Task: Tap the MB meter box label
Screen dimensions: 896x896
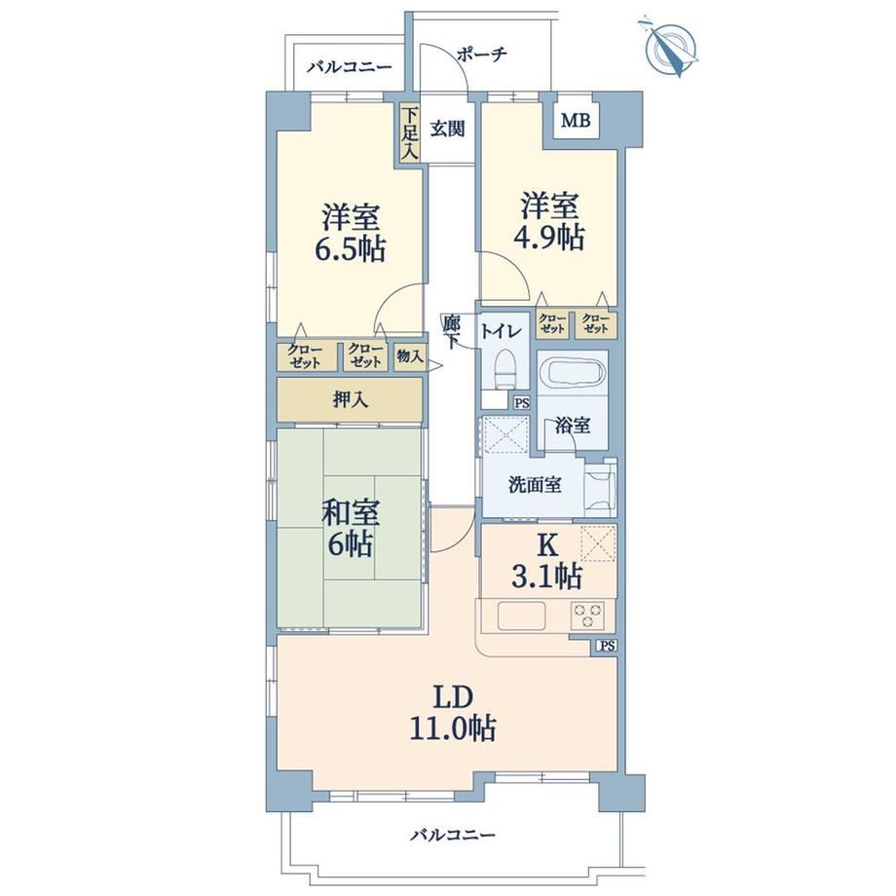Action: [x=576, y=121]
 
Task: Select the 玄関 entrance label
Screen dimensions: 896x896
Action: [x=447, y=130]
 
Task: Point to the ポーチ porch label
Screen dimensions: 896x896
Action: [x=482, y=55]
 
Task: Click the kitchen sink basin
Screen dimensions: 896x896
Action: [x=521, y=616]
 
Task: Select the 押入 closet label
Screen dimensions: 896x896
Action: [x=350, y=400]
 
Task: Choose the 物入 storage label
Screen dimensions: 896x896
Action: [x=410, y=357]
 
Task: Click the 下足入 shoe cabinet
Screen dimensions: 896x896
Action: [x=410, y=133]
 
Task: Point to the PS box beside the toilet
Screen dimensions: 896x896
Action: [x=522, y=403]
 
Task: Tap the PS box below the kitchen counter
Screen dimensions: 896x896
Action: [x=608, y=647]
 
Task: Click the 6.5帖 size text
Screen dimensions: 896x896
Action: [x=350, y=249]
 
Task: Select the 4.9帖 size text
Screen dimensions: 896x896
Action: [x=548, y=237]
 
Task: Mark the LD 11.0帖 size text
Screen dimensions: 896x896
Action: [x=453, y=728]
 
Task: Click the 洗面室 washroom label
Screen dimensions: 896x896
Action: [x=535, y=485]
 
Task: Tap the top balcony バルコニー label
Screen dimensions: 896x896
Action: [x=349, y=67]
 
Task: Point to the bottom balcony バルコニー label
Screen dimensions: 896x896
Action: [x=453, y=836]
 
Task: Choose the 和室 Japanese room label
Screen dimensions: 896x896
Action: [x=350, y=512]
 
